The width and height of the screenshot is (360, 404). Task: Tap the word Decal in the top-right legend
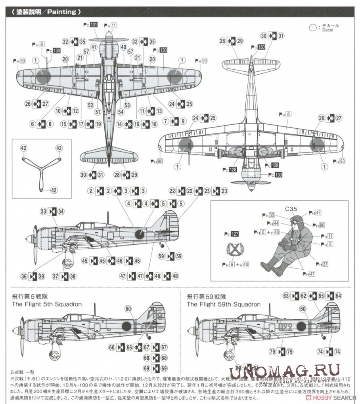(327, 30)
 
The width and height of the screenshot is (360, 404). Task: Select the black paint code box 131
(94, 25)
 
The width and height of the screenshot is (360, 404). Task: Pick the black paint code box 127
(235, 234)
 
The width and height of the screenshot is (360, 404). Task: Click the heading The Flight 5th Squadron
(47, 304)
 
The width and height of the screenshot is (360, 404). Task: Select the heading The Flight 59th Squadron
(224, 304)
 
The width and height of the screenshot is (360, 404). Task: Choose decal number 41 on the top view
(94, 47)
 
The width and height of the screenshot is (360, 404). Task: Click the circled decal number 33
(43, 212)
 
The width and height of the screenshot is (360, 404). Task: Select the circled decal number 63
(286, 295)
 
